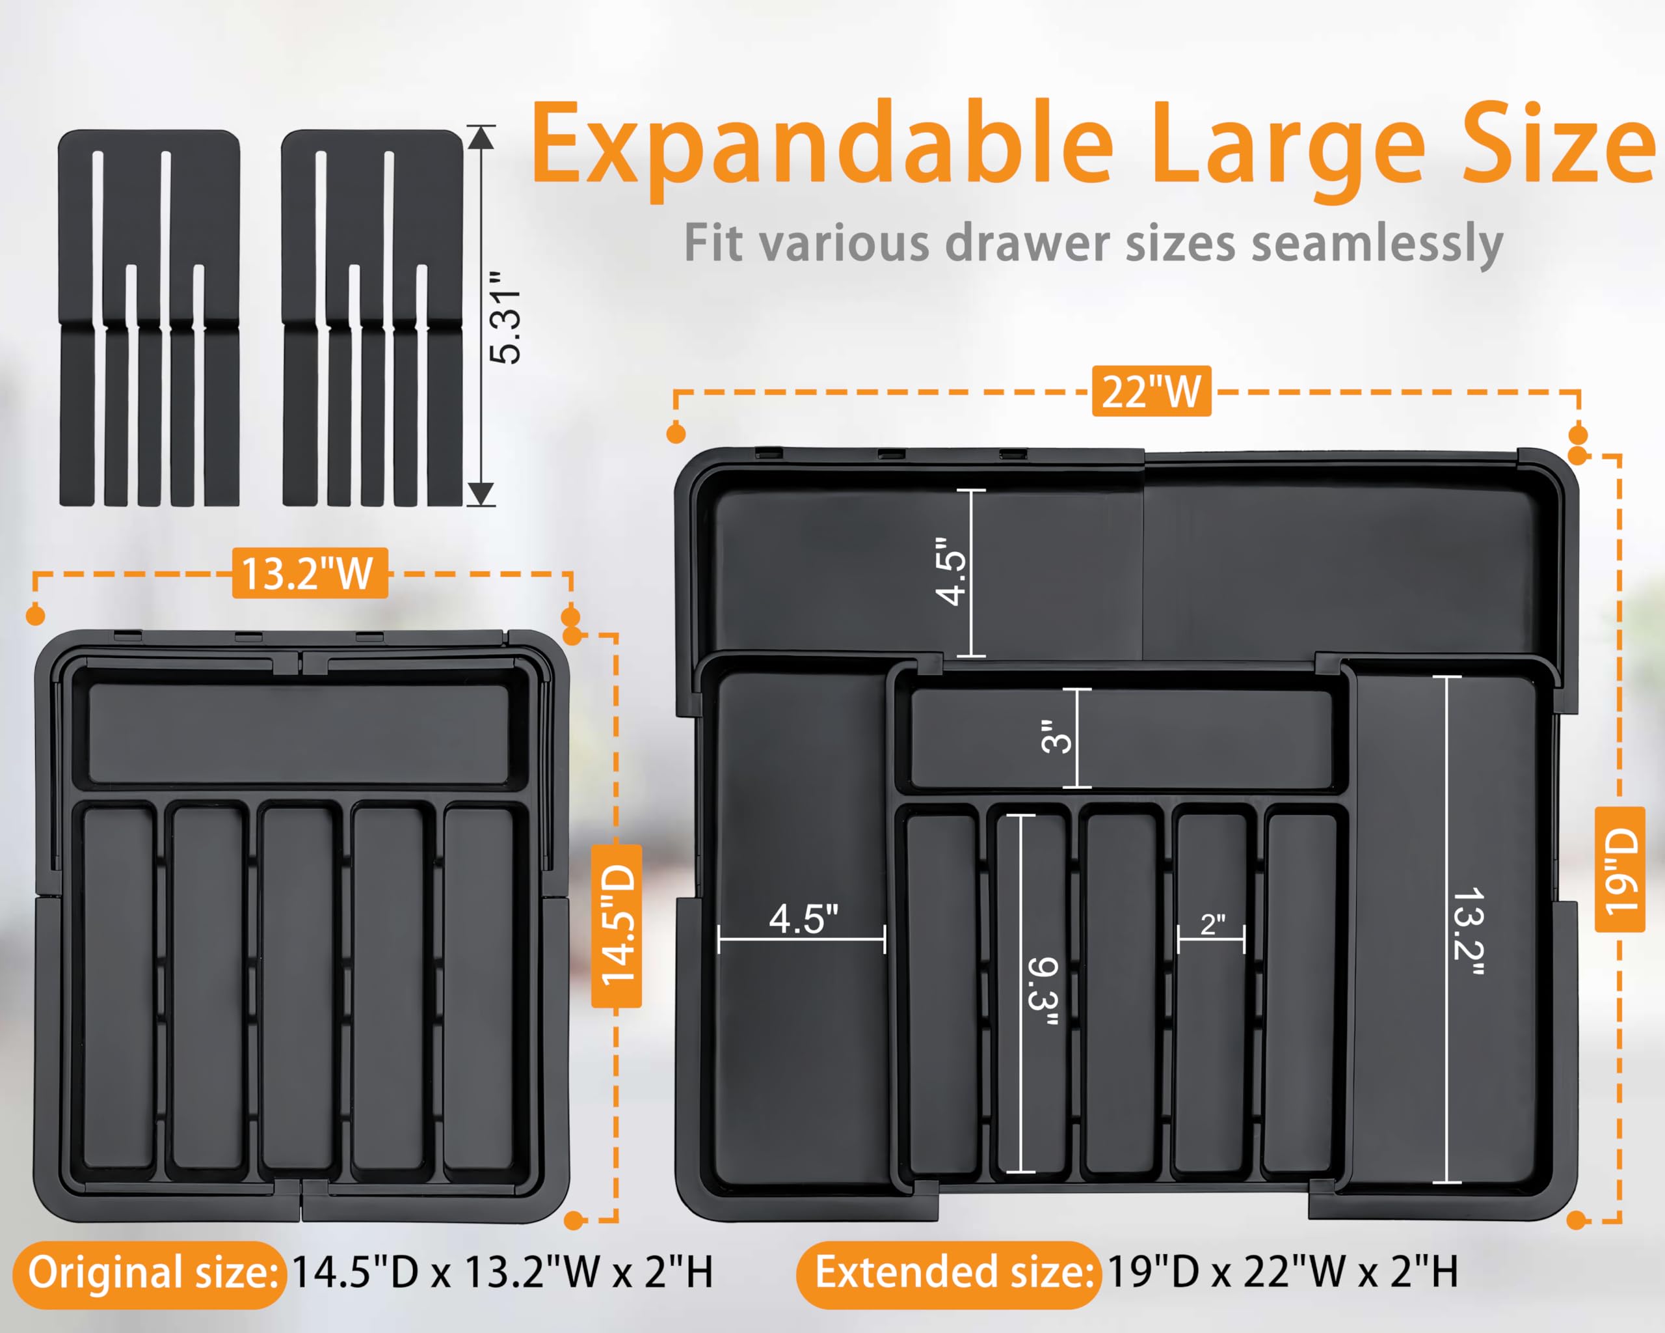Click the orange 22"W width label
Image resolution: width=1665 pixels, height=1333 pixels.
1151,392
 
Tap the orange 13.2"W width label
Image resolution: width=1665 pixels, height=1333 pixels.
309,573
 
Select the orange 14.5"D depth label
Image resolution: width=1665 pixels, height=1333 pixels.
617,925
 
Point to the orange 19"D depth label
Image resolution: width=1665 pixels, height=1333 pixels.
1619,870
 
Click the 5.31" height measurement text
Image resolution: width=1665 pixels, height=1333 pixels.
506,317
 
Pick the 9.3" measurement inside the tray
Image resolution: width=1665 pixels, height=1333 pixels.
1043,993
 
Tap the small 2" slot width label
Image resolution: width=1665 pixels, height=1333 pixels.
1212,924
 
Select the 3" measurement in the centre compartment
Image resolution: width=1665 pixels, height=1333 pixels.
1056,736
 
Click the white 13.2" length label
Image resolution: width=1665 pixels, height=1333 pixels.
1468,931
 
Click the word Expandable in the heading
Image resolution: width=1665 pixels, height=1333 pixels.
823,145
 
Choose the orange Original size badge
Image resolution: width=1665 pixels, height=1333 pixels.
151,1272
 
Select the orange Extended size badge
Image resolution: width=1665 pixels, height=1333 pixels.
948,1272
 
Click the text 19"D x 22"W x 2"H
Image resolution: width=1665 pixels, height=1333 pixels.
1283,1272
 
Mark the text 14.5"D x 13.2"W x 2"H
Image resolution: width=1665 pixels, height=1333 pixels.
503,1272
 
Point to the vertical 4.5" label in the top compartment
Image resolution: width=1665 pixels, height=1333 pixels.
950,572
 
